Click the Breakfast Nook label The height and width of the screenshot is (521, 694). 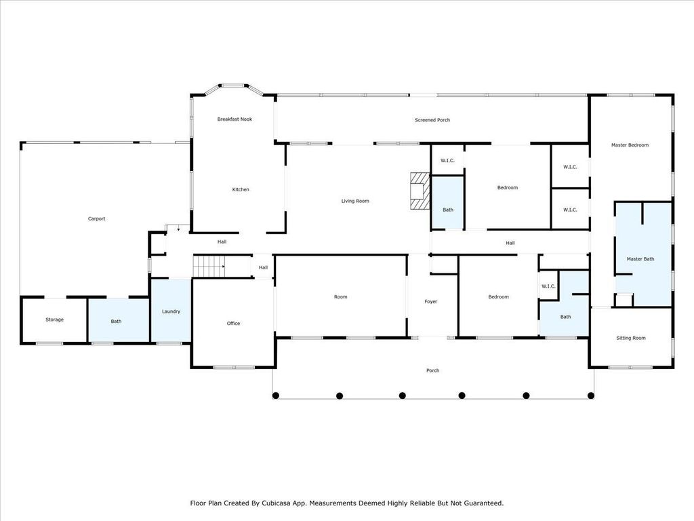[234, 119]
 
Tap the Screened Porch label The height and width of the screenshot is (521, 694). [432, 120]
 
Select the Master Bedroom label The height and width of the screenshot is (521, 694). [630, 145]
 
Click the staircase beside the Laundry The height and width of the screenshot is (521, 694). [209, 267]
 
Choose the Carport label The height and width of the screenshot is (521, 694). [96, 219]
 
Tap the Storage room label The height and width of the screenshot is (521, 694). [54, 320]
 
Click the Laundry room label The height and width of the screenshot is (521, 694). [171, 311]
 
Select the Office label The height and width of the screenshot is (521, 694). [233, 324]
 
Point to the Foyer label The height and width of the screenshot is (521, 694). [431, 302]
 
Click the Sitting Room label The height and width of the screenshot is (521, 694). [630, 338]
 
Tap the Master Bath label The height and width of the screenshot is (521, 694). [640, 259]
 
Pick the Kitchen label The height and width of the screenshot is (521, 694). [241, 190]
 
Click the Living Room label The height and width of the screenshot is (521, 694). [354, 201]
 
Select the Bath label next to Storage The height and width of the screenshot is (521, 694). [117, 322]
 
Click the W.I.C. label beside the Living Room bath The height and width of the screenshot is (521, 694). [447, 161]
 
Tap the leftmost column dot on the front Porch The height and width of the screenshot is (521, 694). [277, 395]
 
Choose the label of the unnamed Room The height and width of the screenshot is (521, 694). [340, 297]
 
